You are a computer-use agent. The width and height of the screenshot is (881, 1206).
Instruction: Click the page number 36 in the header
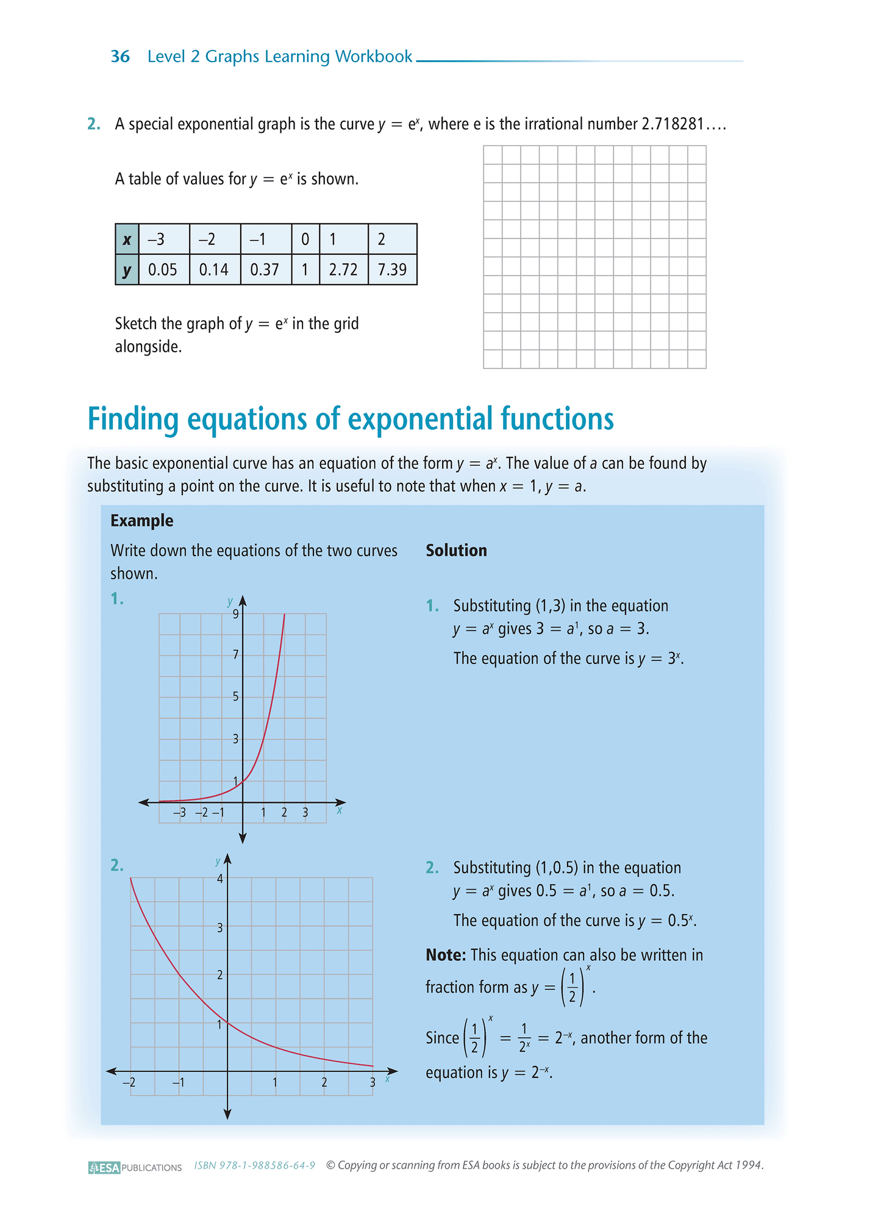click(x=120, y=57)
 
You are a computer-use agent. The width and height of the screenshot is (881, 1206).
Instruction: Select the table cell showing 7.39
click(x=392, y=269)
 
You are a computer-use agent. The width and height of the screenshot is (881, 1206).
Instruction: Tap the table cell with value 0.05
click(x=163, y=269)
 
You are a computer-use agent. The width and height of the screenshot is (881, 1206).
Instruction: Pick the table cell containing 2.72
click(x=343, y=269)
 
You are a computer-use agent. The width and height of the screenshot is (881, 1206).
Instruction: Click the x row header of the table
click(x=127, y=239)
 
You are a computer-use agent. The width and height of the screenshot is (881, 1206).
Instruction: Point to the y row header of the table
click(x=127, y=269)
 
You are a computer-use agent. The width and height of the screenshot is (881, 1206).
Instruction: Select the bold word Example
click(x=141, y=521)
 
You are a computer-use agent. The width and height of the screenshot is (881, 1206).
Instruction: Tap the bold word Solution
click(x=456, y=551)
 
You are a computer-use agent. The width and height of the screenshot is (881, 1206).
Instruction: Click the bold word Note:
click(x=446, y=955)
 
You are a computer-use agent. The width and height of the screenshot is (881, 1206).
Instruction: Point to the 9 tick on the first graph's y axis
click(x=235, y=614)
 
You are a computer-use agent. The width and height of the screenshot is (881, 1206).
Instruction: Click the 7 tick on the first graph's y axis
click(x=235, y=655)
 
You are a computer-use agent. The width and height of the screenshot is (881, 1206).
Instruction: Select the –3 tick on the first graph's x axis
click(x=179, y=813)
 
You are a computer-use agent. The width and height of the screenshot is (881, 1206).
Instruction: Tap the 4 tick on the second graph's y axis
click(x=220, y=879)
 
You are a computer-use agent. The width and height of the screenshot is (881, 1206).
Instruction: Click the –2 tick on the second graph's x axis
click(x=129, y=1083)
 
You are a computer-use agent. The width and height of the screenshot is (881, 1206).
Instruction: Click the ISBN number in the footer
click(x=254, y=1166)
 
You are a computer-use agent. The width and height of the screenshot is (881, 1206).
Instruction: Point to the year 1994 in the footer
click(x=748, y=1165)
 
